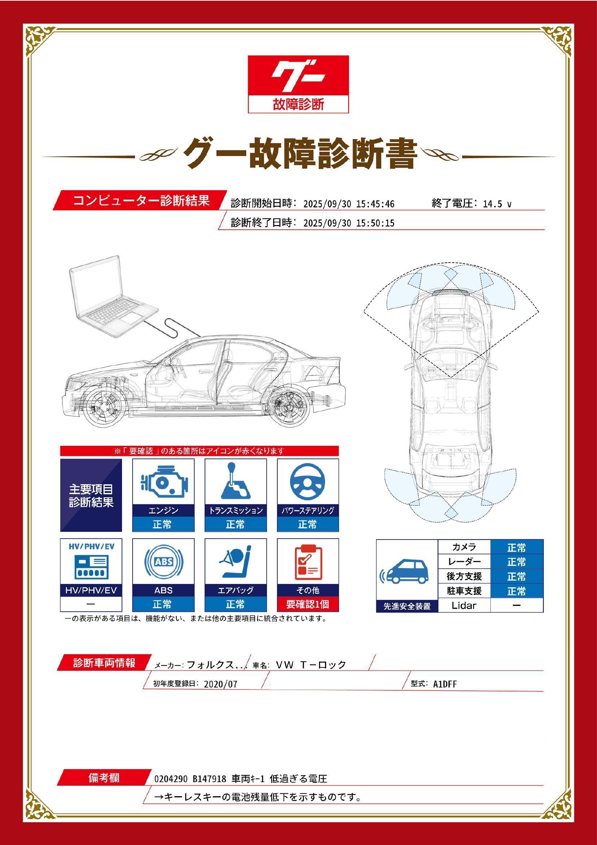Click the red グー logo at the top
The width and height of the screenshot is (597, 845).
tap(298, 84)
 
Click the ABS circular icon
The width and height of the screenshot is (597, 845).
tap(163, 562)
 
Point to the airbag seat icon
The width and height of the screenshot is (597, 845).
tap(235, 562)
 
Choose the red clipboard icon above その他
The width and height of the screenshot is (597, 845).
tap(308, 562)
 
